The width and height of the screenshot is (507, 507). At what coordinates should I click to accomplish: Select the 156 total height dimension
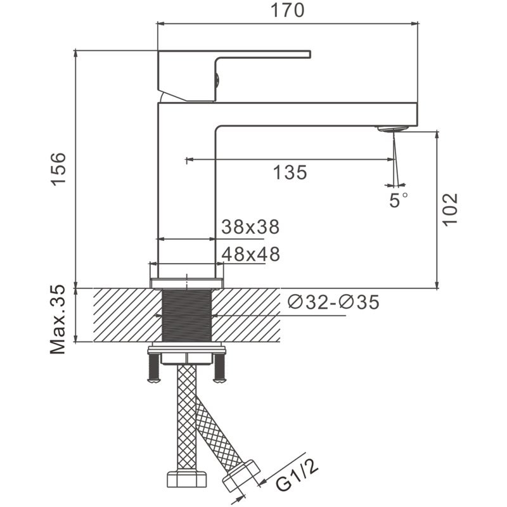coord(58,169)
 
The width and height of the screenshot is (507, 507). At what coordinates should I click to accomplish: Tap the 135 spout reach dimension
coord(290,172)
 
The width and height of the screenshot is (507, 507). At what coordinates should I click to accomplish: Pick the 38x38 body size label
coord(250,226)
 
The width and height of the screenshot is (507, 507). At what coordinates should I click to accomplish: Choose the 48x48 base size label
coord(250,254)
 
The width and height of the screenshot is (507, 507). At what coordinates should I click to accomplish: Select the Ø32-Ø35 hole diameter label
coord(333,303)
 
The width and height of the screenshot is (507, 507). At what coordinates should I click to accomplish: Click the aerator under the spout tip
coord(392,129)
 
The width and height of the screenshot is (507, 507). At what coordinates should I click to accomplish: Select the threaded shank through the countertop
coord(187,315)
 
